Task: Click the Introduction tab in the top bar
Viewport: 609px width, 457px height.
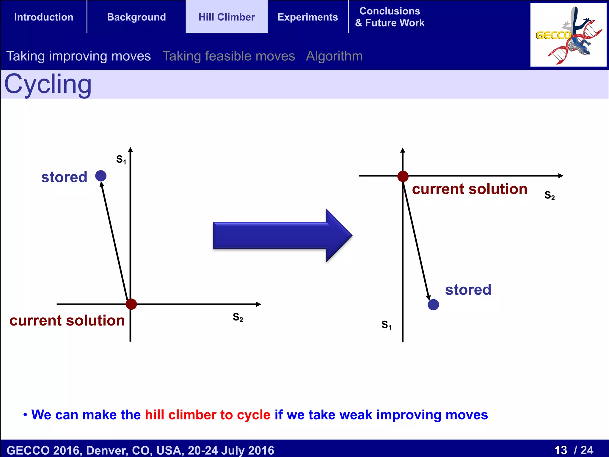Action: point(44,17)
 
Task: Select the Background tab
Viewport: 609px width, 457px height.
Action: point(136,17)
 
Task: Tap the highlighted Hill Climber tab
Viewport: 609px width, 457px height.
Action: point(227,17)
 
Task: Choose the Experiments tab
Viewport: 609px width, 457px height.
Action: point(307,17)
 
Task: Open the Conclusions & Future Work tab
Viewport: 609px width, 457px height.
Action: point(390,17)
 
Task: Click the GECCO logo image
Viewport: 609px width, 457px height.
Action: point(568,35)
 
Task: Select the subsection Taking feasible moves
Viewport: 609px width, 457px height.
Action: point(229,56)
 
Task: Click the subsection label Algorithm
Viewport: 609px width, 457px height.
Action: point(334,56)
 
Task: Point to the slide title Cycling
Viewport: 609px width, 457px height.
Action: point(48,84)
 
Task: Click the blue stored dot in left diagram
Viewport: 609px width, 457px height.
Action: point(101,176)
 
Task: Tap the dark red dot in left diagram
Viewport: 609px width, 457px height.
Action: point(131,304)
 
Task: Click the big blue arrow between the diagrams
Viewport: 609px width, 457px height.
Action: point(282,235)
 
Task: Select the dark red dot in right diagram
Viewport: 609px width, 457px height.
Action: point(403,176)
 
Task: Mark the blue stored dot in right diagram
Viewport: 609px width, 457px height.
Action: point(433,305)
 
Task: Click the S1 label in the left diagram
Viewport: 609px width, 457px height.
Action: point(121,159)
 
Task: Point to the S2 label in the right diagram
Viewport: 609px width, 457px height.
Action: point(550,195)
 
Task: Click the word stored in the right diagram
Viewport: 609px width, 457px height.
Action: point(468,290)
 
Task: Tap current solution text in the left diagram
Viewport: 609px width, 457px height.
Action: point(67,321)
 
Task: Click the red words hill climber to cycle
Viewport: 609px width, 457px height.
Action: point(208,415)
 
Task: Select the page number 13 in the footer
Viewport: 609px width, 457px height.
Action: point(561,450)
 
